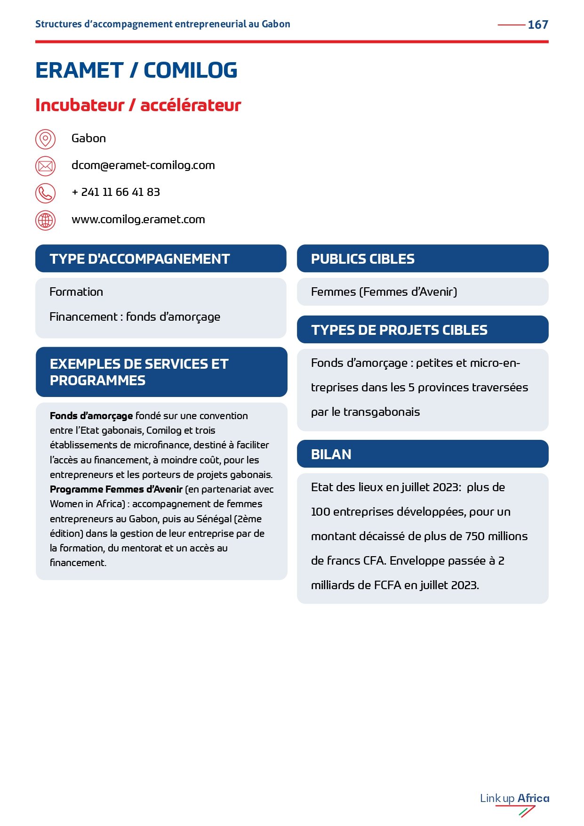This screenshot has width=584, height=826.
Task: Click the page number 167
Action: click(x=538, y=24)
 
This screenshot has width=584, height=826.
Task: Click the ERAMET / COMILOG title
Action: click(x=136, y=71)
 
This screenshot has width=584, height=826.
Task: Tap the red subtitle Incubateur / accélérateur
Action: click(x=138, y=105)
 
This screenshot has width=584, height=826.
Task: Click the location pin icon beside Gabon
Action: click(x=45, y=139)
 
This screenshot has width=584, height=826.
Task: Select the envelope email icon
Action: click(x=45, y=166)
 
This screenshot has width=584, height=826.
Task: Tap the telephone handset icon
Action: click(x=45, y=193)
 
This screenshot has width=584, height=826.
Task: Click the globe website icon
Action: click(x=45, y=220)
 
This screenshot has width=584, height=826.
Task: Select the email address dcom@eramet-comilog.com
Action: click(x=143, y=165)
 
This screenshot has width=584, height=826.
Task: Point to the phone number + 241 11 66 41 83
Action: click(x=116, y=192)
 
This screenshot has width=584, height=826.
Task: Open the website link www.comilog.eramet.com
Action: click(x=138, y=219)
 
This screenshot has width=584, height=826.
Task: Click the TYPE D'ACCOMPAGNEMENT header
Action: click(x=140, y=259)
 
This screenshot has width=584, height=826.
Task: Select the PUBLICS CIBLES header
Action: click(x=363, y=259)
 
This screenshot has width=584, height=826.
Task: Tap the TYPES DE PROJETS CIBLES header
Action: click(x=399, y=330)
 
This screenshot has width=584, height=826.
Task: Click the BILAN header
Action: click(x=331, y=454)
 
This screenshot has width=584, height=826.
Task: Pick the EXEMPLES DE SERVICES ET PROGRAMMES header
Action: click(x=139, y=372)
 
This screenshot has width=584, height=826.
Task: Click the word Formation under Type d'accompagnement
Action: click(x=76, y=292)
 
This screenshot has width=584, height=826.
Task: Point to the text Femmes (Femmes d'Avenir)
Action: click(x=384, y=292)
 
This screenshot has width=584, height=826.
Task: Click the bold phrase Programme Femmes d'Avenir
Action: click(x=116, y=489)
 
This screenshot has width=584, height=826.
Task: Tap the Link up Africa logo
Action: click(x=514, y=802)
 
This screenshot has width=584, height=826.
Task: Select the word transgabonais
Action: click(x=382, y=412)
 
